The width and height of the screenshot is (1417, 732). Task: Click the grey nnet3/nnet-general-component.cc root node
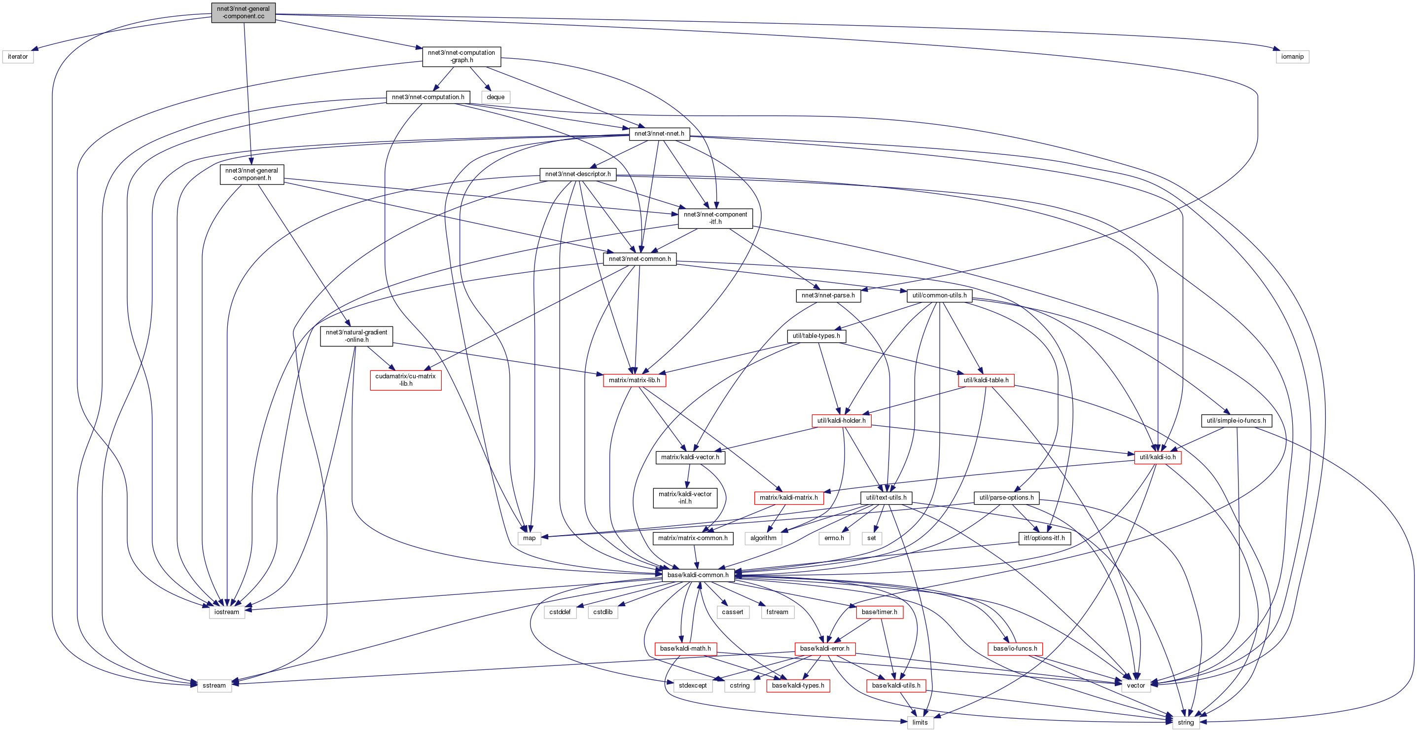click(243, 13)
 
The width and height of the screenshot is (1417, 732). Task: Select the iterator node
click(18, 57)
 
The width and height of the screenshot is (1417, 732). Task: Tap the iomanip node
click(1292, 57)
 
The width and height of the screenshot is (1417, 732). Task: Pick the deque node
click(495, 97)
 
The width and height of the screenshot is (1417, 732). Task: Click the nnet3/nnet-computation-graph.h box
click(461, 57)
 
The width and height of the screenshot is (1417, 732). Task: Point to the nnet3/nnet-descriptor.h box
click(577, 175)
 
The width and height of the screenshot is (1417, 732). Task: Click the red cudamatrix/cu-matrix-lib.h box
click(405, 380)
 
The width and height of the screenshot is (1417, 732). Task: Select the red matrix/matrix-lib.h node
click(634, 380)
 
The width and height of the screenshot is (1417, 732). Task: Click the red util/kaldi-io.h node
click(1157, 457)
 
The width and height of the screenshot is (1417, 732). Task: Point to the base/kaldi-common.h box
click(698, 575)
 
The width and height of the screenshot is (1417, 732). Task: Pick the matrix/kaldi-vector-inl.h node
click(685, 498)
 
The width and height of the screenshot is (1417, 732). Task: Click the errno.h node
click(834, 538)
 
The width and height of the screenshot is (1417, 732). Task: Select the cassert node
click(732, 612)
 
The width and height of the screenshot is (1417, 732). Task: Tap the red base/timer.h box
click(879, 612)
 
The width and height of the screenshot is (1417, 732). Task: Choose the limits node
click(920, 723)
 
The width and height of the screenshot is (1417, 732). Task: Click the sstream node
click(214, 686)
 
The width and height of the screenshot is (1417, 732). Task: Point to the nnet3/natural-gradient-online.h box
click(356, 336)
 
